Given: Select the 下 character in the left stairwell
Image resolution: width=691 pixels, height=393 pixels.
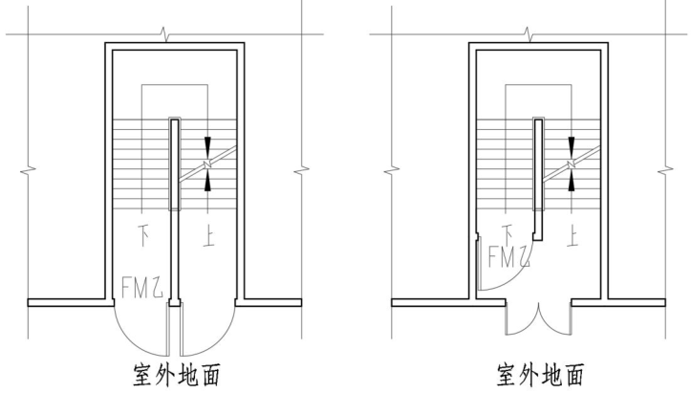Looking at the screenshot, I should pos(143,233).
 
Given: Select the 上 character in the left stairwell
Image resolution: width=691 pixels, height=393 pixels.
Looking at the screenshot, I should pos(207,233).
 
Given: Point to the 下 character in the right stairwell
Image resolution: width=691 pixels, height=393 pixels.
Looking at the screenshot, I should pos(509,232).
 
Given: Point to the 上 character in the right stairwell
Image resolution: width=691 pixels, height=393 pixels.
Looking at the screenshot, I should pos(572,233).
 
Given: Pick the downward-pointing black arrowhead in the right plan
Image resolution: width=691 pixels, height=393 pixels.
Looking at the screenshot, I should pos(572,146).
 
